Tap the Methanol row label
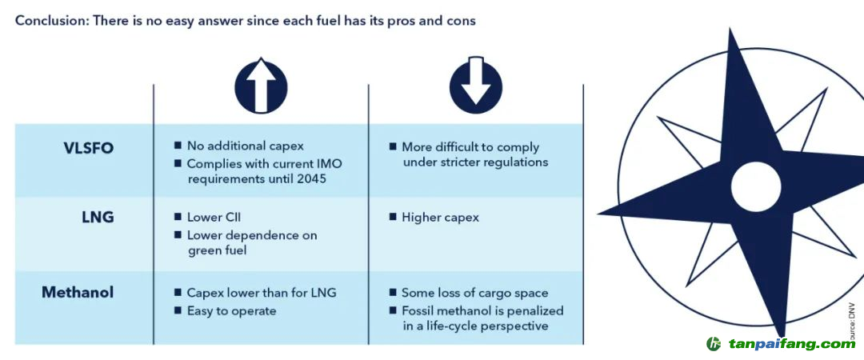78,293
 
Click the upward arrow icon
261,86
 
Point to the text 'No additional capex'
245,146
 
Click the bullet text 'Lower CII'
214,217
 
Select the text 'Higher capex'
440,217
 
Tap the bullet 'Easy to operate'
231,310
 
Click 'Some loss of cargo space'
474,293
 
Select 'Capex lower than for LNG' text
262,293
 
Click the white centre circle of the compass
755,186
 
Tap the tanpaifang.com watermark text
790,344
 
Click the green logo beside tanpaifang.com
714,344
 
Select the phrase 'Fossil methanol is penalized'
482,310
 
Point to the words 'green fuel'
216,250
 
